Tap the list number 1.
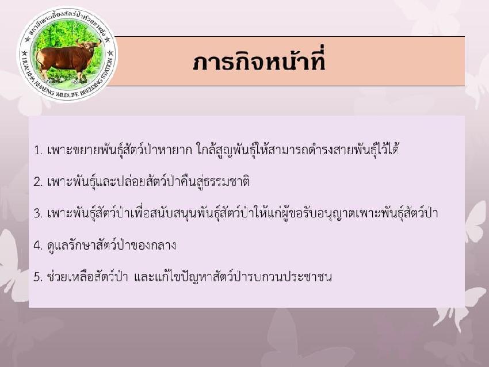(38, 150)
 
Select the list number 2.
(38, 182)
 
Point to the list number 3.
(38, 213)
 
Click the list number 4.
(38, 246)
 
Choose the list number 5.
(38, 277)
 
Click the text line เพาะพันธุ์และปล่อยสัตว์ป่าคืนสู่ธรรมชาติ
(148, 182)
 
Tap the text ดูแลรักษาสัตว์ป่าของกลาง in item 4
(112, 246)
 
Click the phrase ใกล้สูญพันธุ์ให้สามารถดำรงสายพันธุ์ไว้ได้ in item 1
(298, 150)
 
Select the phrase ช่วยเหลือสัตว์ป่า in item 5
(87, 277)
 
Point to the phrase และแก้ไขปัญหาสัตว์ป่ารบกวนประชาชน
(232, 277)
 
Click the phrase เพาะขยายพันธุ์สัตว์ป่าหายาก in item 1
(120, 150)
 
